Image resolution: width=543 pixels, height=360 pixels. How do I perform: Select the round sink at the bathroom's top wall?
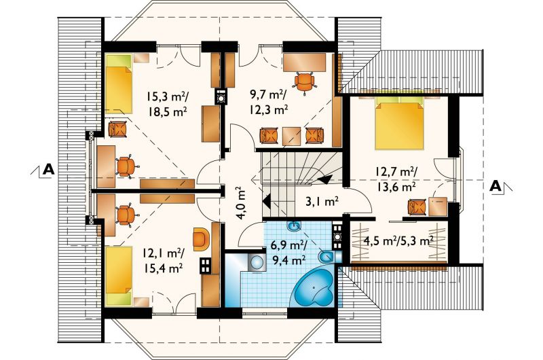coord(295,226)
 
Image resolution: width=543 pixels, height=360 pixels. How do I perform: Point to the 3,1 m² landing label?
coord(321,202)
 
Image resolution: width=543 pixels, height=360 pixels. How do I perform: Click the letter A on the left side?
coord(48,169)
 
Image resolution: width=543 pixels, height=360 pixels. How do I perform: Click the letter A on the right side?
coord(496,186)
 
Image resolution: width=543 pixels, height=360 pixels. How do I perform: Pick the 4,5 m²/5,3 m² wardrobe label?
coord(398,241)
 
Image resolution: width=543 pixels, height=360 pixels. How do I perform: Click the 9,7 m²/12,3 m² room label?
coord(269,102)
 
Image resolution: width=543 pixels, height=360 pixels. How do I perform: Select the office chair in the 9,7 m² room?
coord(305,82)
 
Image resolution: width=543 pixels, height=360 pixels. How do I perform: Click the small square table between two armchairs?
coord(292,136)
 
